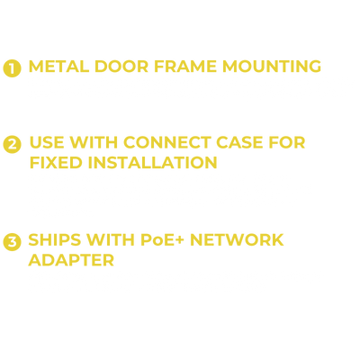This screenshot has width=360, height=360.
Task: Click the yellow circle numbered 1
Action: (12, 68)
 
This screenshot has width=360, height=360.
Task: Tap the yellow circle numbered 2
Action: (12, 144)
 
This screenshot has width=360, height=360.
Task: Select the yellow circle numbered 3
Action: (12, 242)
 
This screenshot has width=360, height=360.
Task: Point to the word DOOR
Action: (121, 67)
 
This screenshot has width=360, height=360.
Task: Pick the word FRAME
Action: (185, 67)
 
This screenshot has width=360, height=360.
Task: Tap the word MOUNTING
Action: (272, 67)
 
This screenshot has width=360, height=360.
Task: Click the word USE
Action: (47, 142)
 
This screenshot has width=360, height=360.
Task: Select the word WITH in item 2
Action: (94, 142)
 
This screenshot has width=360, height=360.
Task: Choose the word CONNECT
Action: (167, 142)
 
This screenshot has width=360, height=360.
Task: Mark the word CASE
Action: (239, 142)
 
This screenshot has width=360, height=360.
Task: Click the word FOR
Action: (287, 142)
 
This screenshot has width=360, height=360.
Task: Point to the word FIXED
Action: (56, 163)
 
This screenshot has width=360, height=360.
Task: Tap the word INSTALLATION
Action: (152, 163)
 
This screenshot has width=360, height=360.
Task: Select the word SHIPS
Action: (55, 239)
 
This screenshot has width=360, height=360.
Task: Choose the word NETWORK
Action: (237, 239)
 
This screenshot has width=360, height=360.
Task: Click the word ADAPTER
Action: (71, 260)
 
